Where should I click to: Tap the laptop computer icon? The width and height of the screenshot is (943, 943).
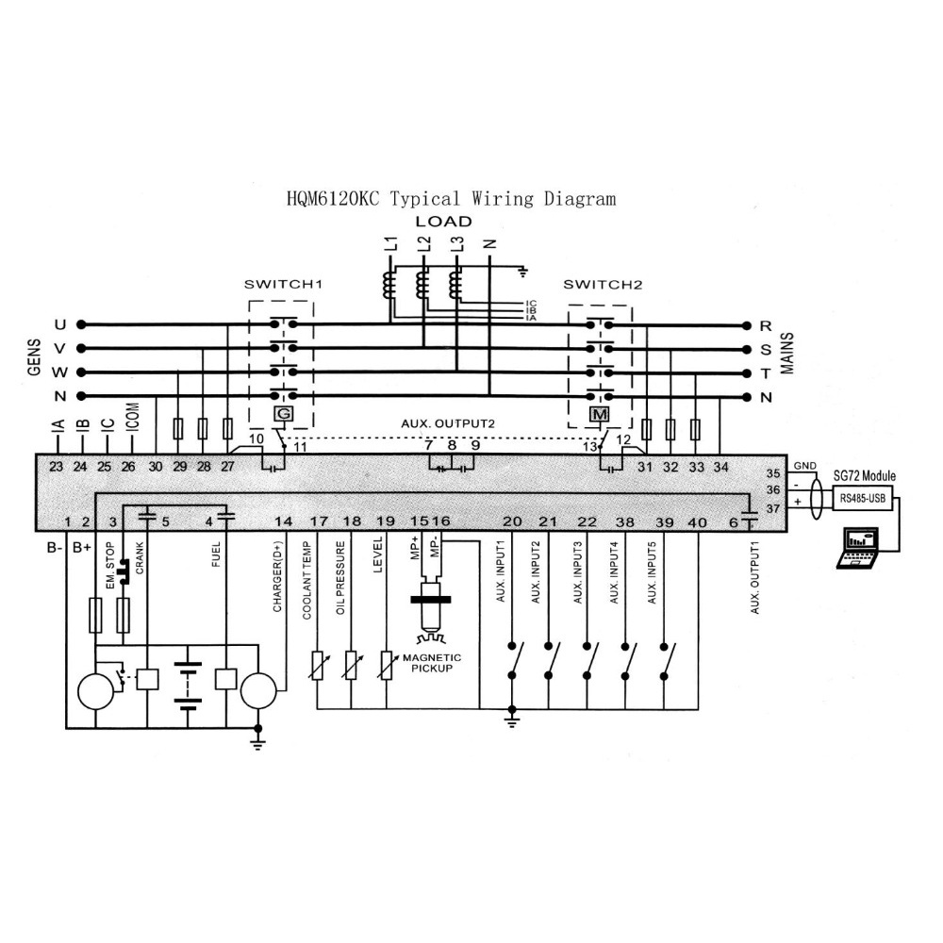(858, 550)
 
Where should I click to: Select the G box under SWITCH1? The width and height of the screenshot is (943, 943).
(281, 414)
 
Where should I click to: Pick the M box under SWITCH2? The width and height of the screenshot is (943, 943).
(597, 414)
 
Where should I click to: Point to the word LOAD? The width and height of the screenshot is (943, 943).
(443, 222)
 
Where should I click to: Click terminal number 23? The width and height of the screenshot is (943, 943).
(56, 466)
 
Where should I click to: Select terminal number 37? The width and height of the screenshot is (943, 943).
(773, 508)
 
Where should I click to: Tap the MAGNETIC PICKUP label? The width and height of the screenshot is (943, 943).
(432, 662)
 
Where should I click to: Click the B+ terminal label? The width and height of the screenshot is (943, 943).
(82, 547)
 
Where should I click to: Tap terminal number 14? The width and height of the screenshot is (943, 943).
(283, 521)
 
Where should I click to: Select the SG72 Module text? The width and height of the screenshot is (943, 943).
(864, 477)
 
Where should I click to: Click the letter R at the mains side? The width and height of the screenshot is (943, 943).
(765, 326)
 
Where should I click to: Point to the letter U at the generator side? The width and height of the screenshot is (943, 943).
(60, 325)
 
